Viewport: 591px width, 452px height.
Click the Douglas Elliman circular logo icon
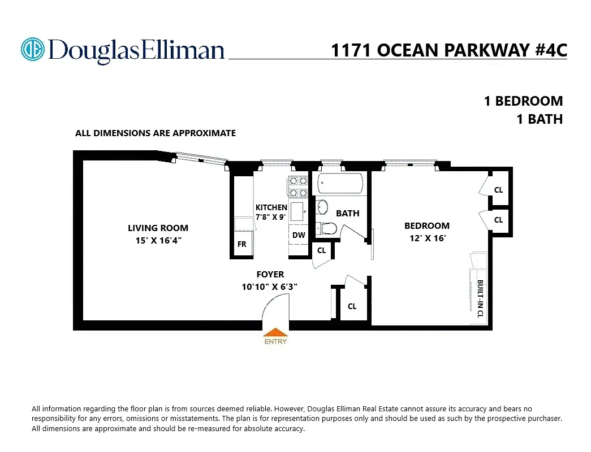pyautogui.click(x=32, y=49)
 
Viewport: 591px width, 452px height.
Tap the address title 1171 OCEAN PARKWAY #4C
pyautogui.click(x=448, y=50)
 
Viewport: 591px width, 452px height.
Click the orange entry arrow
pyautogui.click(x=275, y=333)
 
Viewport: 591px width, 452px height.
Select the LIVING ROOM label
pyautogui.click(x=158, y=228)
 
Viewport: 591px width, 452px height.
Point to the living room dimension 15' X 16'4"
pyautogui.click(x=158, y=240)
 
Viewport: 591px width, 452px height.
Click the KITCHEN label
pyautogui.click(x=271, y=207)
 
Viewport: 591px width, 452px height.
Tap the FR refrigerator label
pyautogui.click(x=242, y=245)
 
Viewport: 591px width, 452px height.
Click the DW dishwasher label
pyautogui.click(x=299, y=235)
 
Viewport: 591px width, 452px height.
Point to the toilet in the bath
pyautogui.click(x=326, y=229)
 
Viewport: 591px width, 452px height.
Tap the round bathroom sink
pyautogui.click(x=321, y=207)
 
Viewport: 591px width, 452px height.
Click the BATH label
pyautogui.click(x=347, y=214)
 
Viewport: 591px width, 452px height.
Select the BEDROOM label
pyautogui.click(x=427, y=226)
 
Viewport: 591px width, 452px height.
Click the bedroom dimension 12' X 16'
pyautogui.click(x=427, y=238)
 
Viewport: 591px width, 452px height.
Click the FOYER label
pyautogui.click(x=270, y=275)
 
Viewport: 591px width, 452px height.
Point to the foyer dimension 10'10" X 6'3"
pyautogui.click(x=269, y=286)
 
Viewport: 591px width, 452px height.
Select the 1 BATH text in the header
pyautogui.click(x=540, y=119)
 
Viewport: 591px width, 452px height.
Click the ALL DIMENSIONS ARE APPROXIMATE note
pyautogui.click(x=156, y=133)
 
